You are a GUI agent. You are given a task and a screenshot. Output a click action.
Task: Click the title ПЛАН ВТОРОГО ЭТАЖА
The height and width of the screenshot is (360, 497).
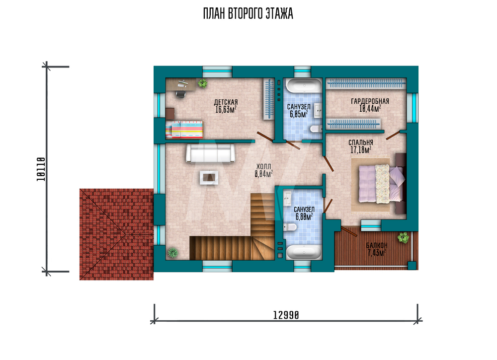coord(248,13)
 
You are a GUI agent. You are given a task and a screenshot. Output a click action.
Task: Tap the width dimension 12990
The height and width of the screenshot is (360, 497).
coord(286,315)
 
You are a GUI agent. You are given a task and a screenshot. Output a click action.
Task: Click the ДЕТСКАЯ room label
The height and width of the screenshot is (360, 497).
coord(226,102)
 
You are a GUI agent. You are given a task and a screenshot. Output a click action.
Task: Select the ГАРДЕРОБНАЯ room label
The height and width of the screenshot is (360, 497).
coord(370,101)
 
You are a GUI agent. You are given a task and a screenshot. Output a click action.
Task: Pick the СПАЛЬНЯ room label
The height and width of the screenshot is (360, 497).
coord(361,143)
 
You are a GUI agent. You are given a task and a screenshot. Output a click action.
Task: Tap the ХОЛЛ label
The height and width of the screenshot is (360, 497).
coord(264,166)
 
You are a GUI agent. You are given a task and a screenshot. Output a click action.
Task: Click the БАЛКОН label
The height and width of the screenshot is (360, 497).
coord(377,245)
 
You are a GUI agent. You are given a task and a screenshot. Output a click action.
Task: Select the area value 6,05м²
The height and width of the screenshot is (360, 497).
coord(299,114)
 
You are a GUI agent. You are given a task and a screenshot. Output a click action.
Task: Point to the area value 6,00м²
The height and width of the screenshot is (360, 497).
coord(304,216)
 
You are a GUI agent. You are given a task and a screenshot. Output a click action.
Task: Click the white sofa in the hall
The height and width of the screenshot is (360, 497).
coord(210,153)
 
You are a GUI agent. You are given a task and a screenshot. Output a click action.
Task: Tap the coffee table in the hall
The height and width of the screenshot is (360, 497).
coord(209,177)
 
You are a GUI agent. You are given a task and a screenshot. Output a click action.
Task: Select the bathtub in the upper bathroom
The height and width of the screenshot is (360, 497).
coord(304,85)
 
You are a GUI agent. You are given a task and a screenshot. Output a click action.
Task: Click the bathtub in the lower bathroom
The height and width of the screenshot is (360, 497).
coord(304,252)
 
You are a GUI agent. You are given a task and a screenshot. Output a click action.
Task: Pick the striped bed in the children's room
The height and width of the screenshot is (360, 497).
coord(184,129)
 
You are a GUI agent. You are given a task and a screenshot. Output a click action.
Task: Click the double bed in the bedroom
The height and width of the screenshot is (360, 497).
coord(382,184)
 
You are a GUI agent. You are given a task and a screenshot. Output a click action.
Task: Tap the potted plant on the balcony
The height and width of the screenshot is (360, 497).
coord(403,237)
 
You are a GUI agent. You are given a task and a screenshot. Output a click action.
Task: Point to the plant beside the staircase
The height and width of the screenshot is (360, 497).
coord(173,252)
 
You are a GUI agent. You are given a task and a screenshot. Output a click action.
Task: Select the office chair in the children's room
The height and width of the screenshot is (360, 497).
coord(180,94)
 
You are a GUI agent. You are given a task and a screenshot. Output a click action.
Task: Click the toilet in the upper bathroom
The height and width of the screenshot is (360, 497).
coord(316,129)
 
